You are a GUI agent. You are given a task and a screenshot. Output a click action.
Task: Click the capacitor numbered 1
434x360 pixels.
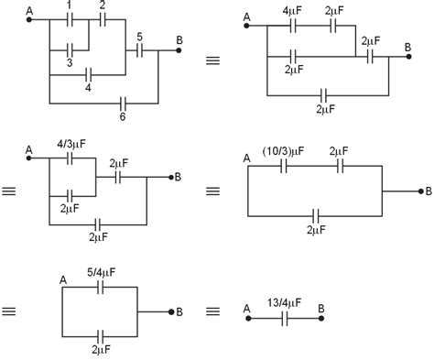(71, 19)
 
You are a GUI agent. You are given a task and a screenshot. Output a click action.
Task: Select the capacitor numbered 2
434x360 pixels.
(103, 19)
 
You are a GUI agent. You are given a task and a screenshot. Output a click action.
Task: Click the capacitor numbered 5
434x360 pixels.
(139, 51)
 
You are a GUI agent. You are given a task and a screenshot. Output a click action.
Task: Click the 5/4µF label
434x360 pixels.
(102, 271)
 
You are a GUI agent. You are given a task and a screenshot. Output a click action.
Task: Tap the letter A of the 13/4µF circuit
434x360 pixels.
(247, 308)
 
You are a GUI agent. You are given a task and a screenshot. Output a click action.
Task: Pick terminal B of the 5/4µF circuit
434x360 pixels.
(179, 312)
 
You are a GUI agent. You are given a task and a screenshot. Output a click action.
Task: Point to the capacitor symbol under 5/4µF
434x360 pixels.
(102, 287)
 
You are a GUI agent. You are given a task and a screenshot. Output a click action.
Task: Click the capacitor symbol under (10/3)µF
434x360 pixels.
(284, 167)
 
